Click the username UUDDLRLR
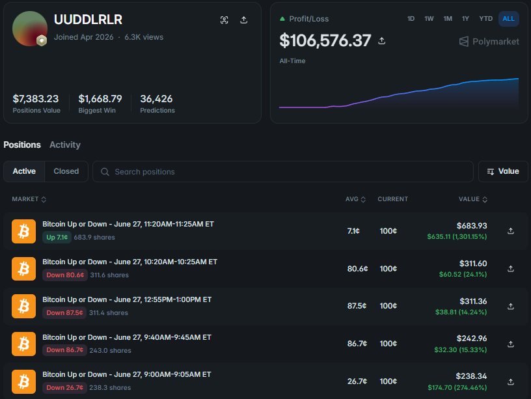pyautogui.click(x=88, y=20)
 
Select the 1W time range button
pyautogui.click(x=429, y=19)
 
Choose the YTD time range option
pyautogui.click(x=485, y=19)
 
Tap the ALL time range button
pyautogui.click(x=508, y=19)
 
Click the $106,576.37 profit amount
pyautogui.click(x=325, y=40)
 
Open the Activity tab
pyautogui.click(x=65, y=144)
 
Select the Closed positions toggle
pyautogui.click(x=66, y=171)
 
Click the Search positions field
pyautogui.click(x=283, y=171)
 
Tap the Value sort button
pyautogui.click(x=503, y=171)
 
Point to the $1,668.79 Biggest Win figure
pyautogui.click(x=100, y=98)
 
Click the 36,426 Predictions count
pyautogui.click(x=156, y=98)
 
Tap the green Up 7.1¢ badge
pyautogui.click(x=57, y=237)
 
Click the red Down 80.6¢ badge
pyautogui.click(x=65, y=275)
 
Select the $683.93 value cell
pyautogui.click(x=471, y=226)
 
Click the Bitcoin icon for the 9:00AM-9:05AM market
pyautogui.click(x=23, y=381)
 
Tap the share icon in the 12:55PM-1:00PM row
pyautogui.click(x=511, y=306)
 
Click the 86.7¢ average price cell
pyautogui.click(x=357, y=344)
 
